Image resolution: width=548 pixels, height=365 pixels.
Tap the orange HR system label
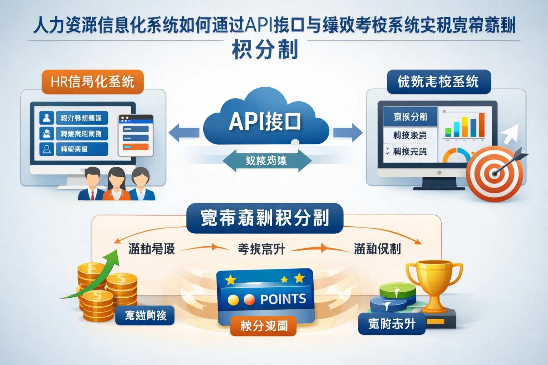(x=92, y=82)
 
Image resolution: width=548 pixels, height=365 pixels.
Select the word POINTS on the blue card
(x=283, y=299)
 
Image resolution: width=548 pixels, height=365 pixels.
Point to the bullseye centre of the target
(x=494, y=174)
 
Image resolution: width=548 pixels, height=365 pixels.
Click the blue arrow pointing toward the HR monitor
(x=183, y=133)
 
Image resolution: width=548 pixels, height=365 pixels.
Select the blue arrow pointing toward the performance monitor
(x=347, y=133)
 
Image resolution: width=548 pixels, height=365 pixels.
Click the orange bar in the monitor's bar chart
(x=482, y=125)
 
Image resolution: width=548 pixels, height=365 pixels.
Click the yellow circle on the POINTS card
(x=233, y=300)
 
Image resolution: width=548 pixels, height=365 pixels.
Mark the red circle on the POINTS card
(x=249, y=300)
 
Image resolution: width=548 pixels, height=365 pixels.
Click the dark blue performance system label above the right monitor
(x=438, y=82)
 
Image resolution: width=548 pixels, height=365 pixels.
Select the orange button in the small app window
(x=135, y=147)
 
